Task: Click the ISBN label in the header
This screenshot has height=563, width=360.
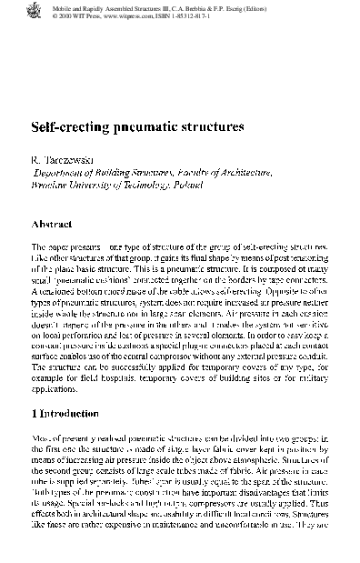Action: coord(172,15)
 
